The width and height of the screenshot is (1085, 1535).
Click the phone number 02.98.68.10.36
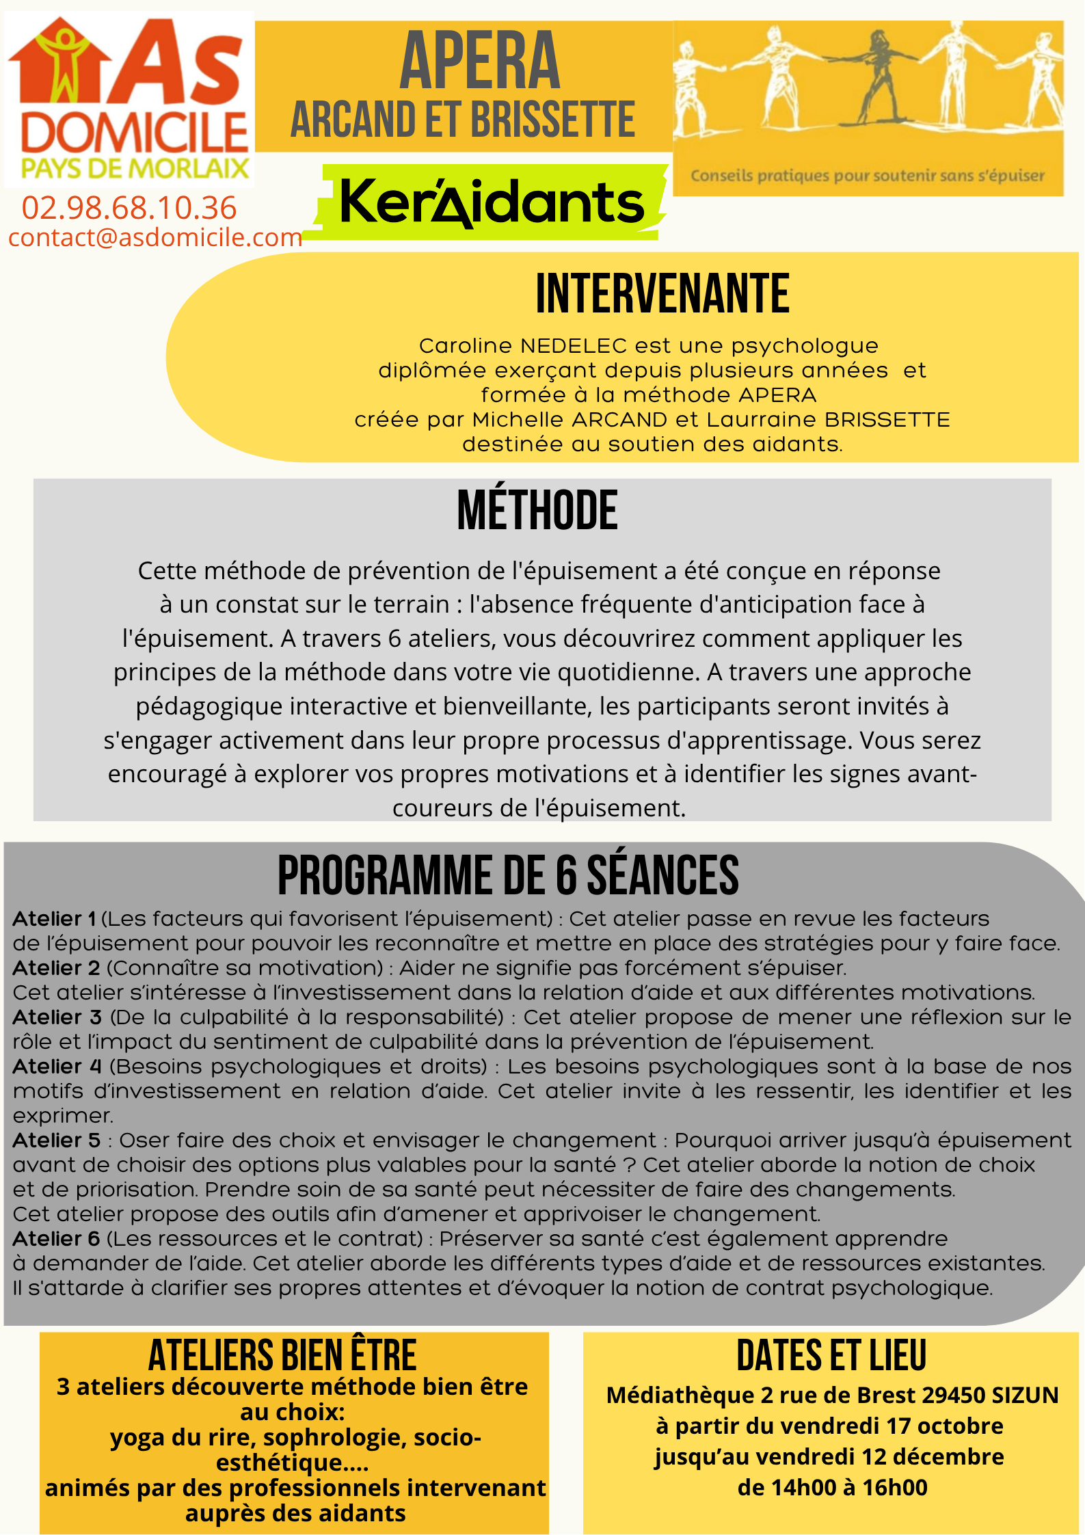(x=129, y=208)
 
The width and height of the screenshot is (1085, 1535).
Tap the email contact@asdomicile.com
(x=155, y=237)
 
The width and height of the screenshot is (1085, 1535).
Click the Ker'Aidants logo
(x=491, y=203)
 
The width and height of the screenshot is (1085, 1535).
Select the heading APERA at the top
(x=479, y=62)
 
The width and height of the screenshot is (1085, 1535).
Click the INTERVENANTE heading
(x=662, y=294)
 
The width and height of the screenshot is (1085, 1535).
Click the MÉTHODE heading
(x=537, y=511)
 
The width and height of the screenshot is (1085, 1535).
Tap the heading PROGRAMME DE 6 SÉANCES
(x=508, y=876)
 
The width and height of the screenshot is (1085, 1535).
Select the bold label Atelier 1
(x=54, y=919)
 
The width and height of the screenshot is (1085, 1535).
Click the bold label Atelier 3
(x=57, y=1017)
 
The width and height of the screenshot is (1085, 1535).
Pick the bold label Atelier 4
(x=57, y=1067)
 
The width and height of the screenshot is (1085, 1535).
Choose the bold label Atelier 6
(x=56, y=1239)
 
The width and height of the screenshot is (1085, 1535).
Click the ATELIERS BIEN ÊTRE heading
(x=282, y=1356)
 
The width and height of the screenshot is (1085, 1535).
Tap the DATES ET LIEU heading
(x=831, y=1356)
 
